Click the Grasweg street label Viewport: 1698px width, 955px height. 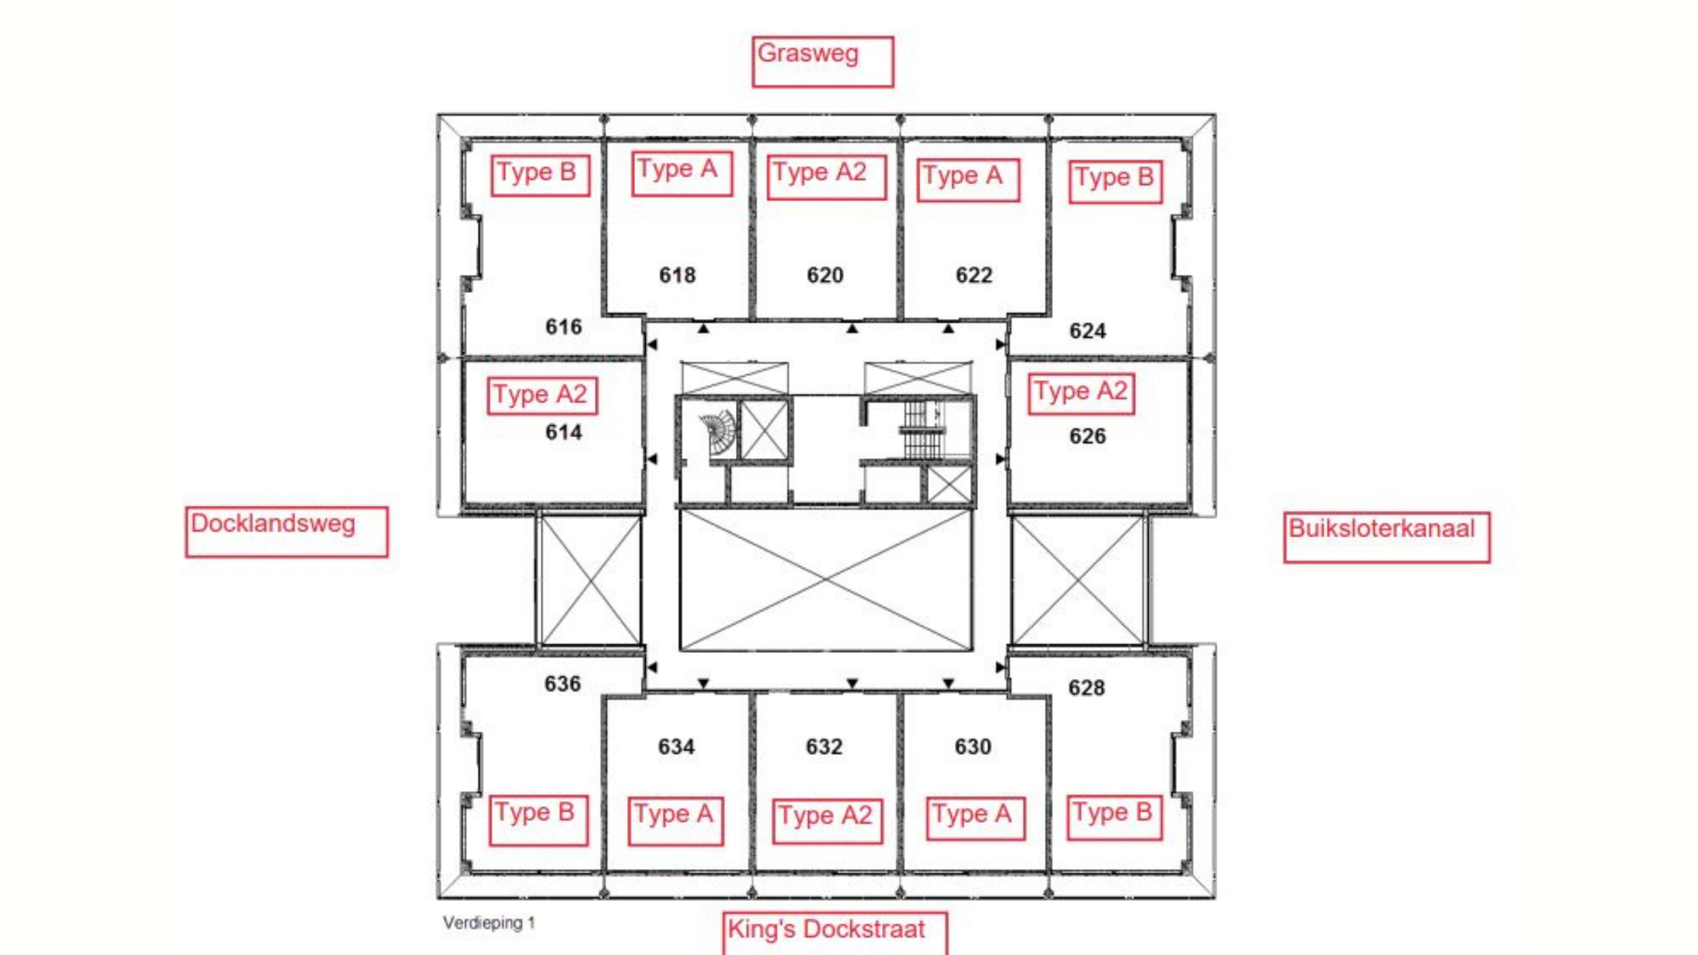click(x=808, y=53)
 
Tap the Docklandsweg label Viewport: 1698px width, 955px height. click(x=273, y=524)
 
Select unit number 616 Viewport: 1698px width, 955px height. click(x=564, y=326)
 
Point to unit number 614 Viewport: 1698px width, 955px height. click(x=564, y=432)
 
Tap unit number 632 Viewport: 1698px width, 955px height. click(x=824, y=747)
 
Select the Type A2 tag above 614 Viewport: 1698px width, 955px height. click(x=542, y=395)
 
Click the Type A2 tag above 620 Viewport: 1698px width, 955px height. click(x=826, y=177)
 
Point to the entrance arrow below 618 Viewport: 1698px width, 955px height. click(x=703, y=328)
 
